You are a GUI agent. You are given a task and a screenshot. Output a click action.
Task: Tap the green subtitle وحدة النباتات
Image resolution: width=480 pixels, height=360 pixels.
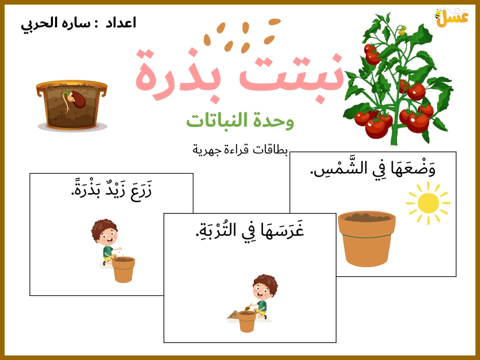(240, 120)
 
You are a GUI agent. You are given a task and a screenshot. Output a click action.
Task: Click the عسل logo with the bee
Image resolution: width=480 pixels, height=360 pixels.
(451, 18)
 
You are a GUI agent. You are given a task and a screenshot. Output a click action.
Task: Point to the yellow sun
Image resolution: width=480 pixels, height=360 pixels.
(428, 203)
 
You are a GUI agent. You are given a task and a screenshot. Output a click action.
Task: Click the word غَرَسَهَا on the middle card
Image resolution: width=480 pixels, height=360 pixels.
(282, 229)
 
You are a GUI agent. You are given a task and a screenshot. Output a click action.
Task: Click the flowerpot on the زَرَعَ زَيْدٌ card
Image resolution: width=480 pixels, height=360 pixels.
(123, 269)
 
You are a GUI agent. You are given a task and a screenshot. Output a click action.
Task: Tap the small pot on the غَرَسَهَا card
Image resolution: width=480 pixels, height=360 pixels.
(246, 321)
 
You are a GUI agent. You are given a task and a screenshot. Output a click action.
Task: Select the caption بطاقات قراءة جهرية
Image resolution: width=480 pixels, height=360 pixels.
(240, 150)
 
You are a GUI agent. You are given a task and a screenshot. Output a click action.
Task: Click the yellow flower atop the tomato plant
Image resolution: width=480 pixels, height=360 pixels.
(402, 30)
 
